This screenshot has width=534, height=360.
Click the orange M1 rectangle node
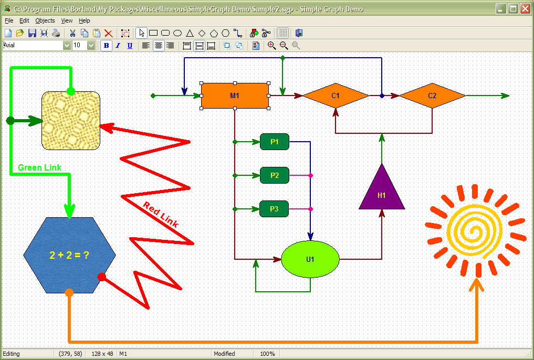click(x=235, y=96)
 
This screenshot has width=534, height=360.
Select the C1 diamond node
click(x=336, y=96)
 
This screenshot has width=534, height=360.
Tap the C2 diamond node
click(x=432, y=96)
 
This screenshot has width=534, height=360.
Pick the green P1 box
click(x=275, y=142)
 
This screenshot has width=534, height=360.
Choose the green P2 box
click(x=275, y=175)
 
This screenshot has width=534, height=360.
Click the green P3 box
click(x=274, y=209)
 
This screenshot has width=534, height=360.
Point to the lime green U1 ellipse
click(x=310, y=259)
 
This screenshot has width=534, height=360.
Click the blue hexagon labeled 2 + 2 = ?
click(x=69, y=255)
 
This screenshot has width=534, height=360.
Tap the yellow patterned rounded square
click(x=71, y=121)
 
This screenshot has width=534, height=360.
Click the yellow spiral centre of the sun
click(x=474, y=231)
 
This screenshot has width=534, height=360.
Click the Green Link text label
click(x=39, y=167)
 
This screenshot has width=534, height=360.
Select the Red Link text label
click(x=161, y=214)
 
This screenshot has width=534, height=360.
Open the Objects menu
click(x=45, y=21)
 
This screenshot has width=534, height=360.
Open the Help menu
click(x=85, y=21)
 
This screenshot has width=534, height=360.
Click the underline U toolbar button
click(x=130, y=45)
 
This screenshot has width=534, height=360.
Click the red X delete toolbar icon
click(x=108, y=33)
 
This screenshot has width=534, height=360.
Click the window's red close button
click(x=526, y=9)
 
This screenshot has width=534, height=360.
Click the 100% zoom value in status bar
click(x=267, y=354)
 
